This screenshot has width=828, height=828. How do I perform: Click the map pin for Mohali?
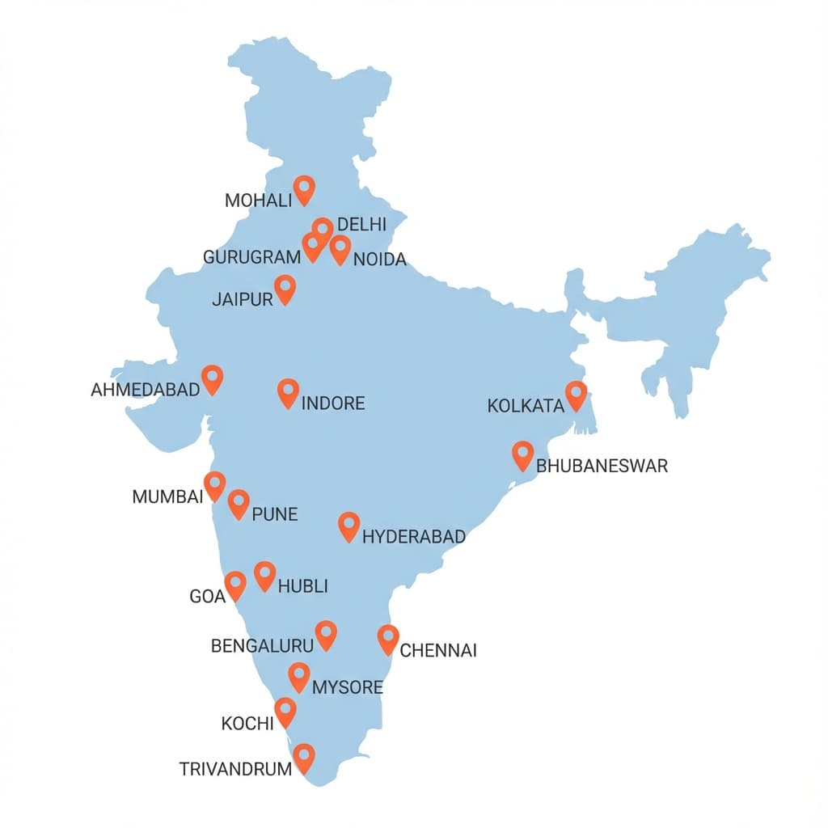click(304, 189)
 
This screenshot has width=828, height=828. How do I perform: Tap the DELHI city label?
click(361, 225)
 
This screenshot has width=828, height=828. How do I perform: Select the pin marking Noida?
click(340, 249)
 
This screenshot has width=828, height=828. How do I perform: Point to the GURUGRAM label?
click(251, 258)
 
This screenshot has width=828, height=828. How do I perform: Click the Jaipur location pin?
click(285, 288)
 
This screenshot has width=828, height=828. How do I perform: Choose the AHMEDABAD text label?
click(146, 390)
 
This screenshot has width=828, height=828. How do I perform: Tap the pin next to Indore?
click(288, 392)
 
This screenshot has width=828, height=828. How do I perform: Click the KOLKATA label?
click(526, 406)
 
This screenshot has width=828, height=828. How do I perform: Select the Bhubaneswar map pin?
click(523, 454)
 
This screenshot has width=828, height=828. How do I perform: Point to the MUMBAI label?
click(167, 496)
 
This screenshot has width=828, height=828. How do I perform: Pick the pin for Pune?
click(239, 502)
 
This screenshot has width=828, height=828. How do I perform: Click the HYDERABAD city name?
click(414, 537)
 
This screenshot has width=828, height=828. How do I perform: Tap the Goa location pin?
click(235, 585)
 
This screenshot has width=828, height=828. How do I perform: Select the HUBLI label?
click(302, 587)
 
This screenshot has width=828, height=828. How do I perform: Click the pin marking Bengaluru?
click(326, 634)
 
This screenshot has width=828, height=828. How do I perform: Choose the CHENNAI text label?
click(438, 650)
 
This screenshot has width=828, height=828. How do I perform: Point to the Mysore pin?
click(299, 676)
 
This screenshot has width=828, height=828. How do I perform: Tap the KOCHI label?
click(247, 724)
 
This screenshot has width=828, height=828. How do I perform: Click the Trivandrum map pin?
click(303, 758)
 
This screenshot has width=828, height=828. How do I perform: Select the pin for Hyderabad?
click(349, 526)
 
